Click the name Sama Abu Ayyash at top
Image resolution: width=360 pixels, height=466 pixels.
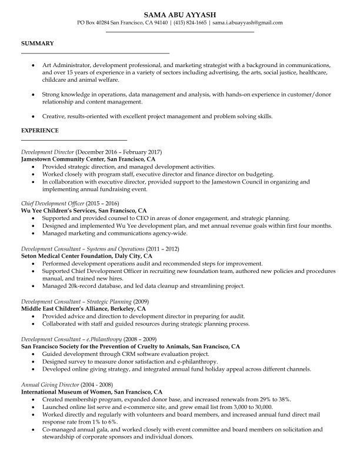click(180, 13)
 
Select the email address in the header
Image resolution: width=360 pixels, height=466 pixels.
click(248, 23)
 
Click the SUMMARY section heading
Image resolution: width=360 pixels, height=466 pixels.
click(38, 44)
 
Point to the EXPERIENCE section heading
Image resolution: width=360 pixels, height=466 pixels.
click(40, 130)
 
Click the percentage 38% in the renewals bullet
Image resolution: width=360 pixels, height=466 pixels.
click(284, 398)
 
